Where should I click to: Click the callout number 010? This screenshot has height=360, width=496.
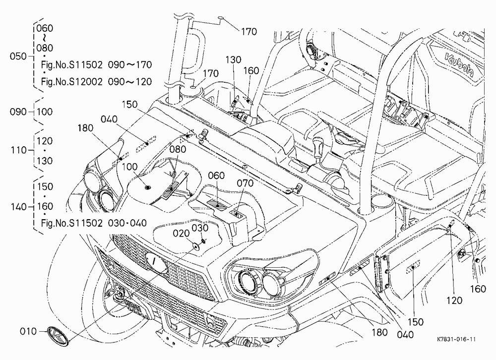coord(28,331)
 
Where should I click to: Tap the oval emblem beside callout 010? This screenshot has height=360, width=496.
coord(58,335)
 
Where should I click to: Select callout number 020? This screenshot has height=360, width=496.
coord(181,234)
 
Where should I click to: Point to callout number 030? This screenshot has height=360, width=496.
coord(200,228)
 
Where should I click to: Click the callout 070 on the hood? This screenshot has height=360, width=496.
coord(245,183)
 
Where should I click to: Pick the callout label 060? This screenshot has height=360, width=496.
coord(216,176)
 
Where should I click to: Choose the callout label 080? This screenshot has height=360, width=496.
coord(178,149)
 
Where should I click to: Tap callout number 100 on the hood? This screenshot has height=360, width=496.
coord(129,167)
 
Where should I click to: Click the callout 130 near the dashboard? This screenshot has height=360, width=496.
coord(234,60)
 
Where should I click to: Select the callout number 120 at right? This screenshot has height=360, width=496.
coord(454,300)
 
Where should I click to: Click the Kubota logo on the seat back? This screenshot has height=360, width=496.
coord(459,65)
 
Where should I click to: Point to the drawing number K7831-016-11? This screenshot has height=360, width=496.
coord(456,340)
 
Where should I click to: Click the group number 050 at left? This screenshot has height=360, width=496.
coord(18,57)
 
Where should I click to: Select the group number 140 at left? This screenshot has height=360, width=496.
coord(18,207)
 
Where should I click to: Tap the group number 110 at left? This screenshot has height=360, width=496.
coord(19,150)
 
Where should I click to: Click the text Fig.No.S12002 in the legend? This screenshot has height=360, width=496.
coord(72,82)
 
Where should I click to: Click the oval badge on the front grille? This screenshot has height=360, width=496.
coord(156,261)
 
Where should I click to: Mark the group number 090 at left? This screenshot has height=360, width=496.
coord(18,112)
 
